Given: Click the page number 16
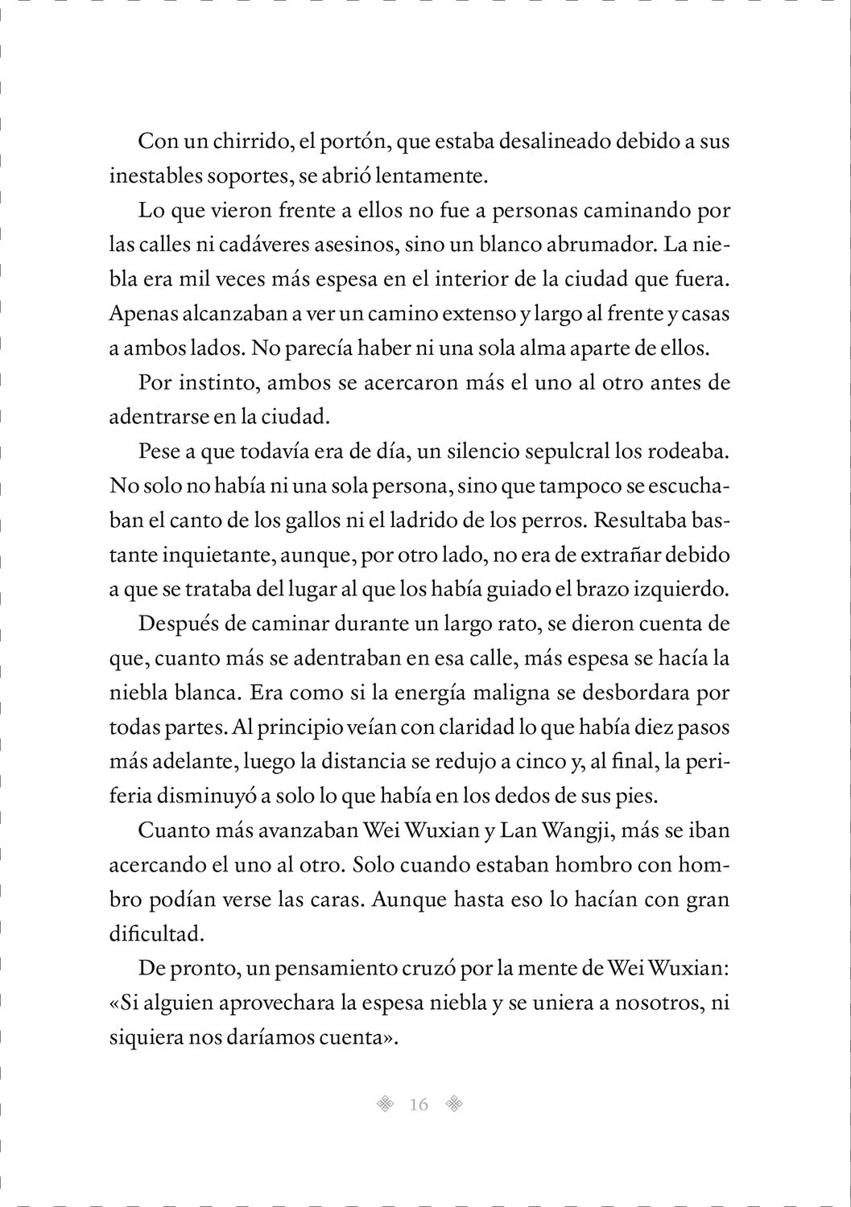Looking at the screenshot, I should tap(419, 1105).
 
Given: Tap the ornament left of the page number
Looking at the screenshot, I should tap(386, 1104).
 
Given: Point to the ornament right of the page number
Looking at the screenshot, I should tap(455, 1104).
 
